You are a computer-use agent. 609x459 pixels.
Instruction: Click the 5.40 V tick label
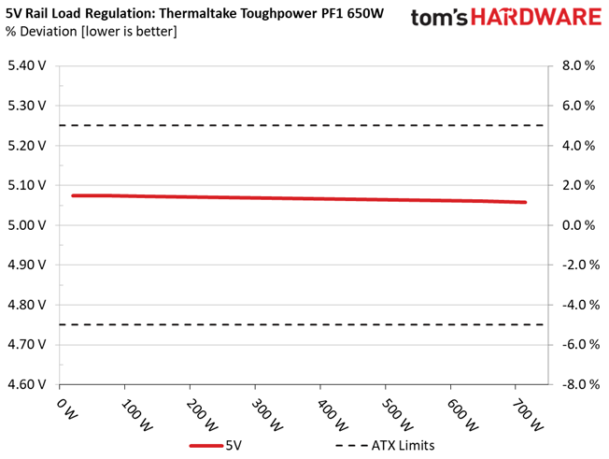point(27,65)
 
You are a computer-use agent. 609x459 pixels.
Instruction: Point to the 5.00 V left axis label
point(27,225)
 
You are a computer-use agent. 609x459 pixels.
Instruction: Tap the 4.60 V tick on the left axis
point(27,384)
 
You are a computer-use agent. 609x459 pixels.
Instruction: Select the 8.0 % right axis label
point(578,65)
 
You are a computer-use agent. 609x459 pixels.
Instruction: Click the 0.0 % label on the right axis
point(578,225)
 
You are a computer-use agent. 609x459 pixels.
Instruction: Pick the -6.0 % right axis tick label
point(581,344)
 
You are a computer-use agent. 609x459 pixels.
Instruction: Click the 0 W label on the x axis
point(67,409)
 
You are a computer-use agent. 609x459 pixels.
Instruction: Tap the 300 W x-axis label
point(267,415)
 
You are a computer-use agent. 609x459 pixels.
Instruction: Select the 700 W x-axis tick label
point(528,415)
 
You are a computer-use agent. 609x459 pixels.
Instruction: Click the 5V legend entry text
point(234,445)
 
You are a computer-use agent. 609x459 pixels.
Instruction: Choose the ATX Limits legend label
point(403,445)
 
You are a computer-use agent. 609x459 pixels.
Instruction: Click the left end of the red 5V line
point(73,195)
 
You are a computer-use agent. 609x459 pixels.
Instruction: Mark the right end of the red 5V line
point(525,202)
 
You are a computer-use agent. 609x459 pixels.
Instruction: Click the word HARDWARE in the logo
point(536,18)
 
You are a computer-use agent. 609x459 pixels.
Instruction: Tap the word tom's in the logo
point(439,18)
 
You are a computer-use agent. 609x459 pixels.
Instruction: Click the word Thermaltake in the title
point(198,14)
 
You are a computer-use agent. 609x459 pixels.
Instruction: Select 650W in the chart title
point(365,14)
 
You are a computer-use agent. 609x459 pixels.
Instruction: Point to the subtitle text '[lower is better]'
point(129,32)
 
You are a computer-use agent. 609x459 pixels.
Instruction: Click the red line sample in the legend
point(206,446)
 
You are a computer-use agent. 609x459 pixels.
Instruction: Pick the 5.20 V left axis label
point(27,145)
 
